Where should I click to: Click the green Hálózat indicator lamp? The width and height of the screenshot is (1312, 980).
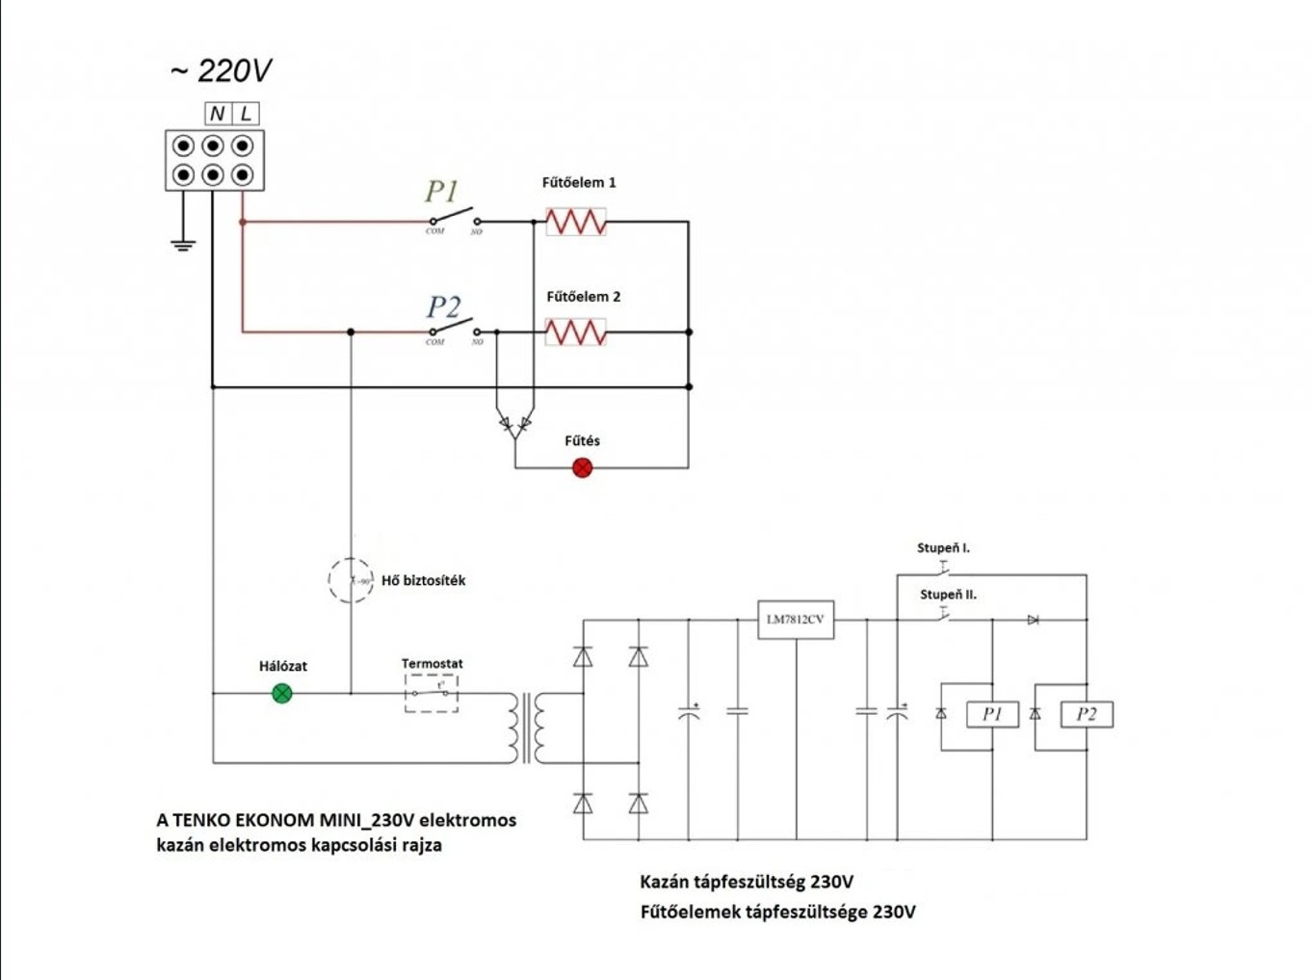point(282,693)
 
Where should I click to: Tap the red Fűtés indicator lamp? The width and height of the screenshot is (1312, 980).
point(582,467)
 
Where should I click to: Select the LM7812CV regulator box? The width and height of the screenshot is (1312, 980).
point(796,620)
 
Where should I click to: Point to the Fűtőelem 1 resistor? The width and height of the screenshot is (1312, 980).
point(576,222)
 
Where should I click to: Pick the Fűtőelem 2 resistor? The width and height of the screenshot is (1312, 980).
point(576,332)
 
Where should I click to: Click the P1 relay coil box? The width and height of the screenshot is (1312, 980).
point(992,714)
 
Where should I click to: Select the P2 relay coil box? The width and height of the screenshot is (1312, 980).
point(1087,714)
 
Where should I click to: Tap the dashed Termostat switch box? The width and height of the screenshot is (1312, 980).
point(432,693)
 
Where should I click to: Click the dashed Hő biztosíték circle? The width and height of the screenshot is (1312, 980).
point(351,580)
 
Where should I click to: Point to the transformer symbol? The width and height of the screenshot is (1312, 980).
point(527,728)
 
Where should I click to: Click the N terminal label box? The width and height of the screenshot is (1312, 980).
point(218,114)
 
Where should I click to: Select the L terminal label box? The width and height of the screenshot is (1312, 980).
point(247,114)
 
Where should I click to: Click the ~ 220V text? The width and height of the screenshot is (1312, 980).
point(221,70)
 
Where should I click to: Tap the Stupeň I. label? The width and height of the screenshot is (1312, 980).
point(943,547)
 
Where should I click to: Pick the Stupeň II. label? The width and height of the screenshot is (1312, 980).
point(948,595)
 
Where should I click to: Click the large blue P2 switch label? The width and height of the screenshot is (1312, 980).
point(443,306)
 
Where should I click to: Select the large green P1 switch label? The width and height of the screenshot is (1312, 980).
point(442,191)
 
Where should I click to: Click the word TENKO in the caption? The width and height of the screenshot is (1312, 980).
point(204,820)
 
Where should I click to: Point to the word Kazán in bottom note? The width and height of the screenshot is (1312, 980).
point(664,882)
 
